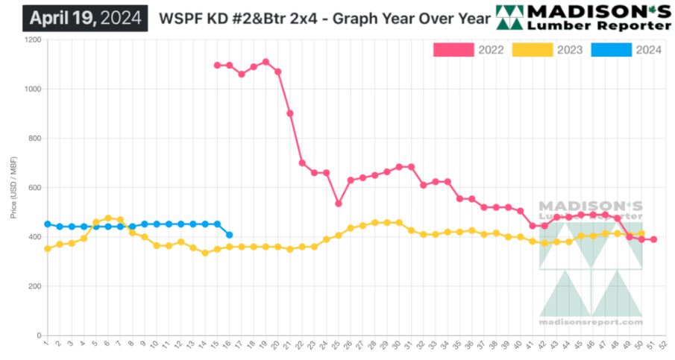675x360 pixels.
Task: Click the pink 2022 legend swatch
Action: click(x=453, y=50)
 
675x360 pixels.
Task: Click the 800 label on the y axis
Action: click(x=34, y=139)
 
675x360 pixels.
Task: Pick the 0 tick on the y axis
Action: click(x=38, y=335)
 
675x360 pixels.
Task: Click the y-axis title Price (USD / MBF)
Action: click(x=13, y=187)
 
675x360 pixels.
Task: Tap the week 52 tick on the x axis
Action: click(x=662, y=344)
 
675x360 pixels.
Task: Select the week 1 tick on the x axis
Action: click(x=46, y=344)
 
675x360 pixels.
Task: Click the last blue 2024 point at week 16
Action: click(x=229, y=235)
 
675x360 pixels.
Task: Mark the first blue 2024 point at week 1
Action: click(x=47, y=224)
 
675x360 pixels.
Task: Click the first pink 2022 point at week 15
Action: click(x=217, y=65)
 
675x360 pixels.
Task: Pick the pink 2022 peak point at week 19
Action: click(x=266, y=62)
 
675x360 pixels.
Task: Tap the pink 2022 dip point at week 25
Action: click(x=339, y=203)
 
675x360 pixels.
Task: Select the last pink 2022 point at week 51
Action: click(x=653, y=239)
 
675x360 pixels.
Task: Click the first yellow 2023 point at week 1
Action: click(x=47, y=249)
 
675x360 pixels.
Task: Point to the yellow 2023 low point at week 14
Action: click(x=205, y=253)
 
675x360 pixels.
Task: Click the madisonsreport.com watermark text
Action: click(x=590, y=322)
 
